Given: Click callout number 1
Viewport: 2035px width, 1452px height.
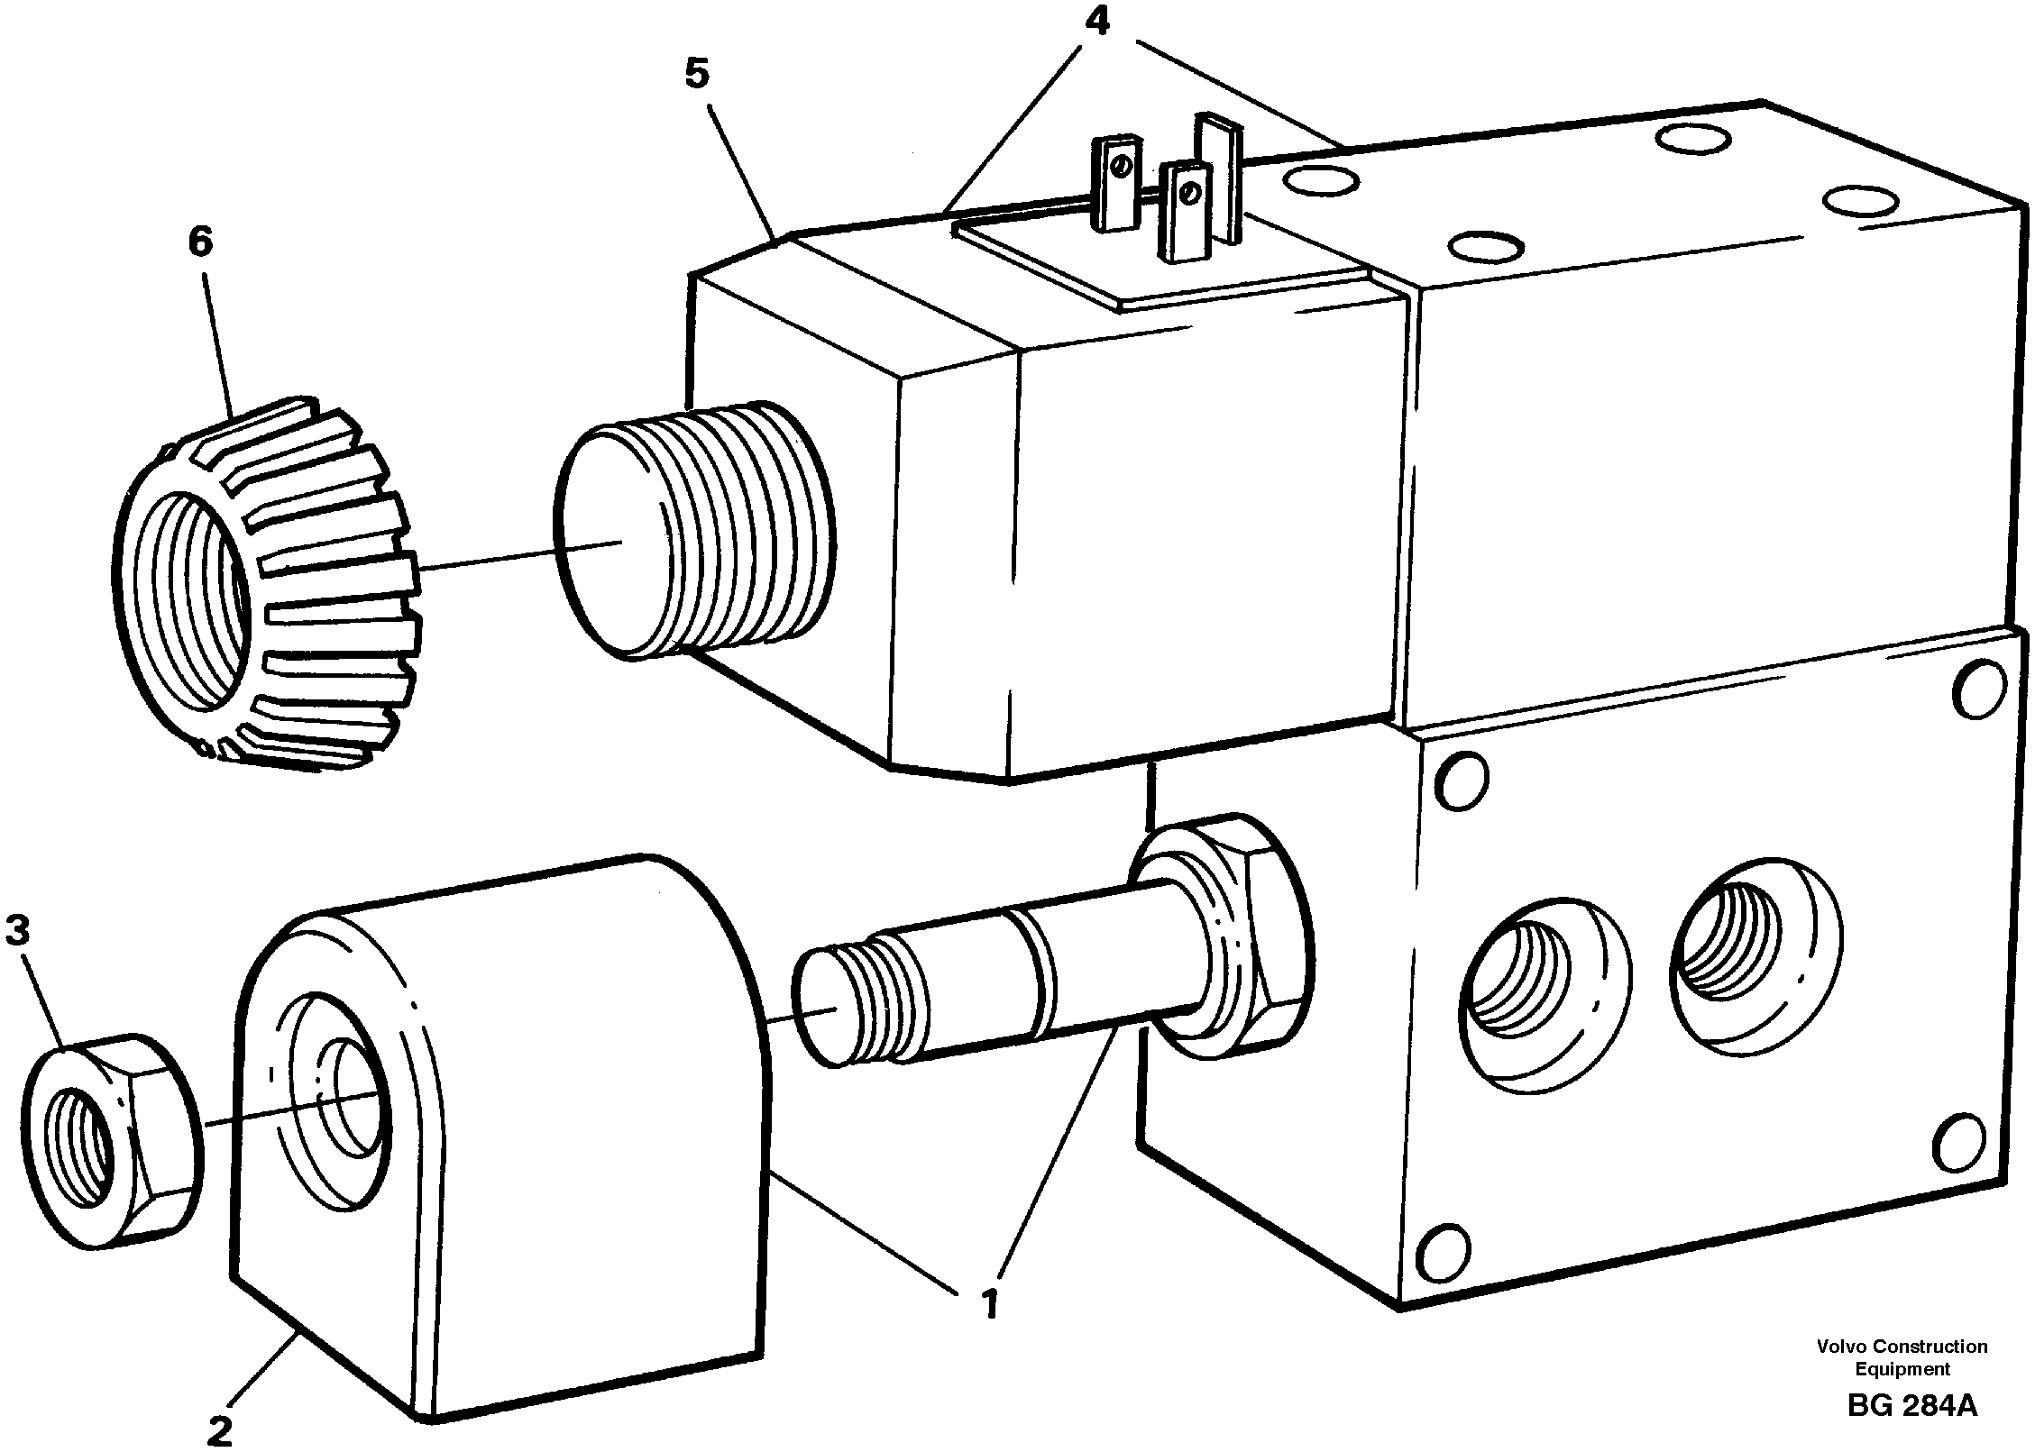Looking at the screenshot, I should pyautogui.click(x=990, y=1305).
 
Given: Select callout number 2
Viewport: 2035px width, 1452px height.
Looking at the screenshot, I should pyautogui.click(x=219, y=1429).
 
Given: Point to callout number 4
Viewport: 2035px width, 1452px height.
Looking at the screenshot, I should pyautogui.click(x=1096, y=22).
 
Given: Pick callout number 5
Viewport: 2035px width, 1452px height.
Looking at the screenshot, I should pyautogui.click(x=697, y=74).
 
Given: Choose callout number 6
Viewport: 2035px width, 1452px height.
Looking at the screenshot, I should pyautogui.click(x=200, y=242).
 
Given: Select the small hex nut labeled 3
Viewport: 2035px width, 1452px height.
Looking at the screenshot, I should pyautogui.click(x=110, y=1140).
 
